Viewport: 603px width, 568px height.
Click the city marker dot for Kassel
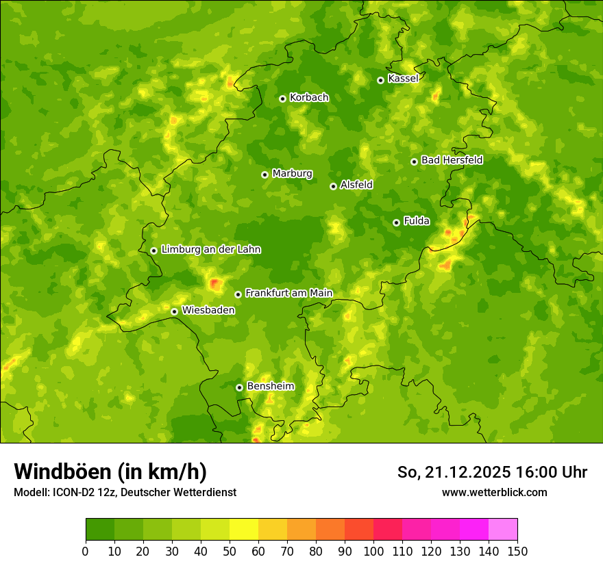(380, 80)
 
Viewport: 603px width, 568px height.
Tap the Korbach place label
(309, 98)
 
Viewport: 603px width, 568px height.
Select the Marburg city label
(292, 174)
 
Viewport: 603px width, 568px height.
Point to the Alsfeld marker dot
(333, 186)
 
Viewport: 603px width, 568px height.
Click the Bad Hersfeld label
(452, 160)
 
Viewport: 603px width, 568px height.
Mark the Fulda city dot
(396, 222)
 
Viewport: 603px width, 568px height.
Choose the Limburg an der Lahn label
(210, 250)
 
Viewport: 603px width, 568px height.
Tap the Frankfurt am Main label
(288, 293)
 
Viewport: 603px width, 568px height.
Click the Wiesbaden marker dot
(174, 311)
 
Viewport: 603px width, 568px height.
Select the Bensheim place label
(270, 387)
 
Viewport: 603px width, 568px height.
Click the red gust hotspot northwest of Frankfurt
(215, 283)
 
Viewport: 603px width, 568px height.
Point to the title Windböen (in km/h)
(110, 472)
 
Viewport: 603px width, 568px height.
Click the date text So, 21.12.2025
(453, 472)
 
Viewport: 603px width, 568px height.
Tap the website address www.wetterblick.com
(494, 493)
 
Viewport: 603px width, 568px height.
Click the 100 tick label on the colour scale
(373, 552)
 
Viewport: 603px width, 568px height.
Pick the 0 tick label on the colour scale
(86, 552)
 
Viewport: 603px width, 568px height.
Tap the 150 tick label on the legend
(517, 552)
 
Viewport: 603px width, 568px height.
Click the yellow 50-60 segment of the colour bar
(244, 530)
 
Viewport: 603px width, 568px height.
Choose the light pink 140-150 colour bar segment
(503, 530)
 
